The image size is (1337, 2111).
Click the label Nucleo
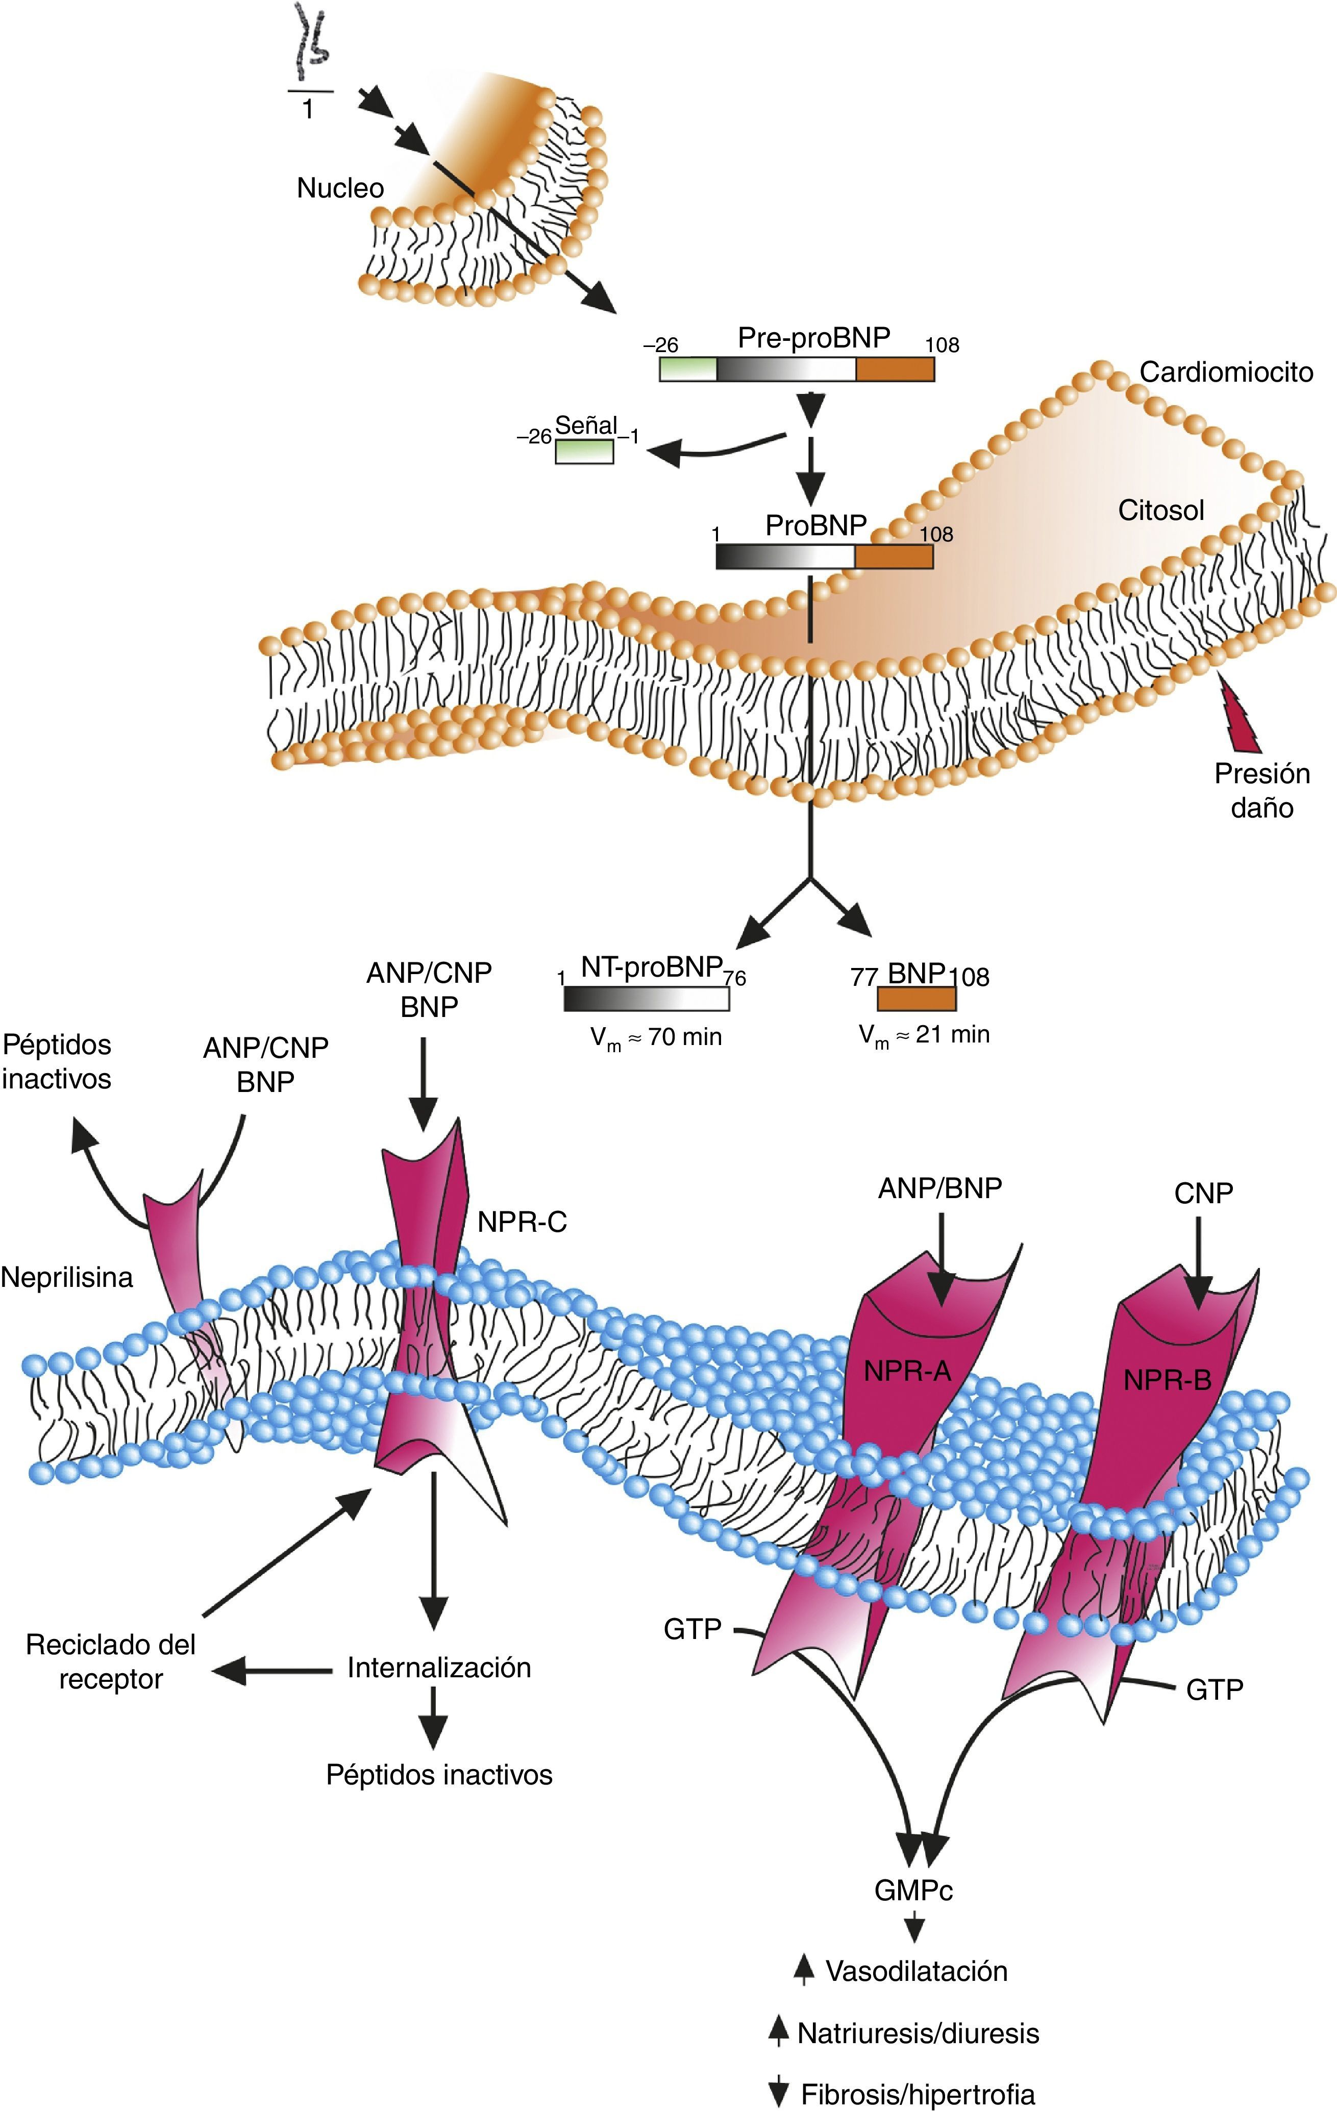tap(340, 188)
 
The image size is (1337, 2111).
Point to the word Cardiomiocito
tap(1226, 372)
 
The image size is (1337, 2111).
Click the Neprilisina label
tap(67, 1278)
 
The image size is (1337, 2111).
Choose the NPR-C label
tap(522, 1222)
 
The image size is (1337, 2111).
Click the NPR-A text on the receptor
tap(906, 1371)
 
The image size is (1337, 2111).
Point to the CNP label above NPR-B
tap(1203, 1193)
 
